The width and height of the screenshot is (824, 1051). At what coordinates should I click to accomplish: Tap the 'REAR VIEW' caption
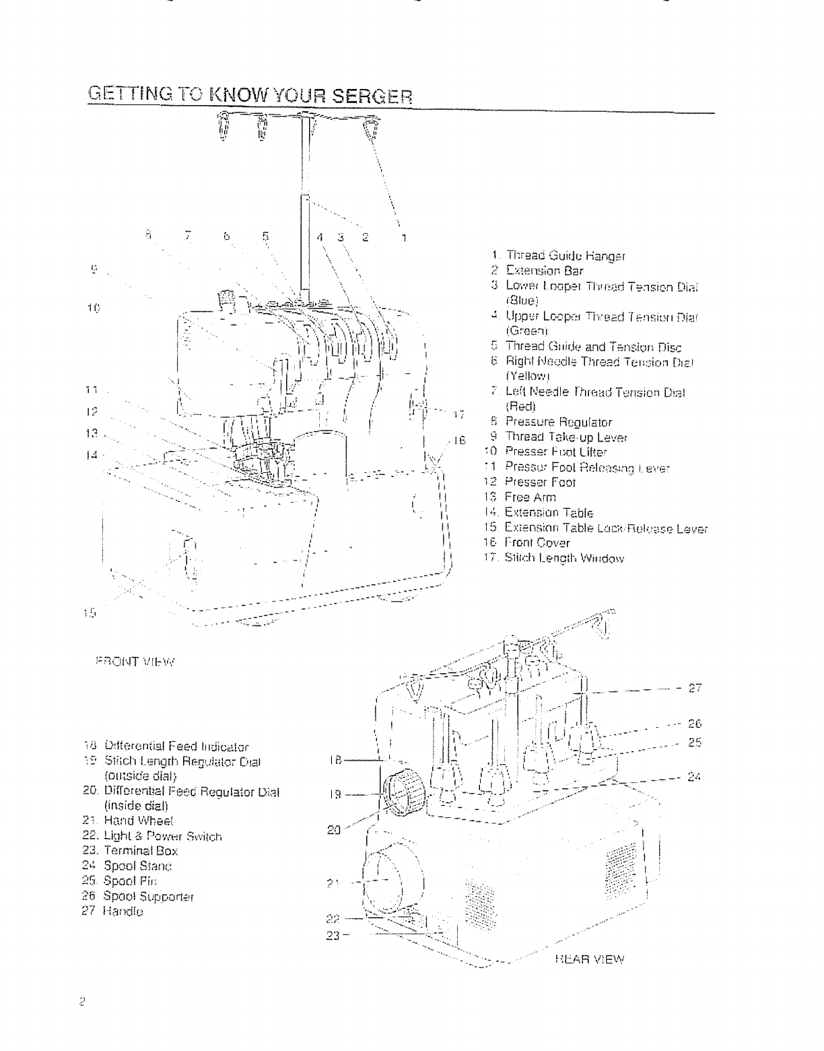(x=590, y=959)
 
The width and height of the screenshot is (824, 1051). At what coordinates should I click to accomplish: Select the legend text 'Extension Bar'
(x=545, y=271)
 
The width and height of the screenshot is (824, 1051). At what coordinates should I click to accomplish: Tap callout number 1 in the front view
(x=404, y=236)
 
